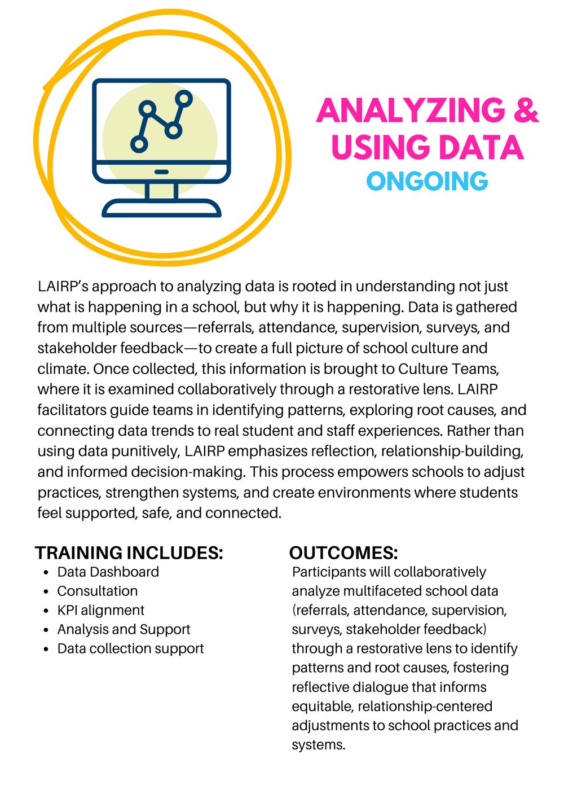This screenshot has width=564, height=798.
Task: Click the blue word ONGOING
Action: click(427, 182)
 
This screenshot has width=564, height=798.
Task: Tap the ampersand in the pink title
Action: click(526, 110)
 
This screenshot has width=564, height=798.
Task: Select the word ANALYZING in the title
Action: click(411, 111)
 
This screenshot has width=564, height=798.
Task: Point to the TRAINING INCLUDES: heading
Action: click(129, 553)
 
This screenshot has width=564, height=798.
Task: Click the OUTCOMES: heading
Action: click(343, 553)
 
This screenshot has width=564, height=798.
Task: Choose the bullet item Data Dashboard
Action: click(108, 572)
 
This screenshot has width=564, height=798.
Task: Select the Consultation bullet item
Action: click(97, 591)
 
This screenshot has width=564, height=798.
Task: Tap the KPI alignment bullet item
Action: click(100, 610)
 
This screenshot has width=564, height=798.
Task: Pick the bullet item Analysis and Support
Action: click(124, 629)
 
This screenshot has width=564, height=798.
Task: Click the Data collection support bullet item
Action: click(130, 648)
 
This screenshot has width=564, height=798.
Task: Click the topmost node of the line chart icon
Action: click(183, 99)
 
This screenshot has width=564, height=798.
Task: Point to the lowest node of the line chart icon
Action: click(139, 144)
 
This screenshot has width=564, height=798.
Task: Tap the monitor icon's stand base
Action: click(161, 209)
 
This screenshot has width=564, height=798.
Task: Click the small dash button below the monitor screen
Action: click(161, 172)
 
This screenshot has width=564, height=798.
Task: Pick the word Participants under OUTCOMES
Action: click(328, 572)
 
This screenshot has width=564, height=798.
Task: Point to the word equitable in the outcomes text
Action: click(322, 706)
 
